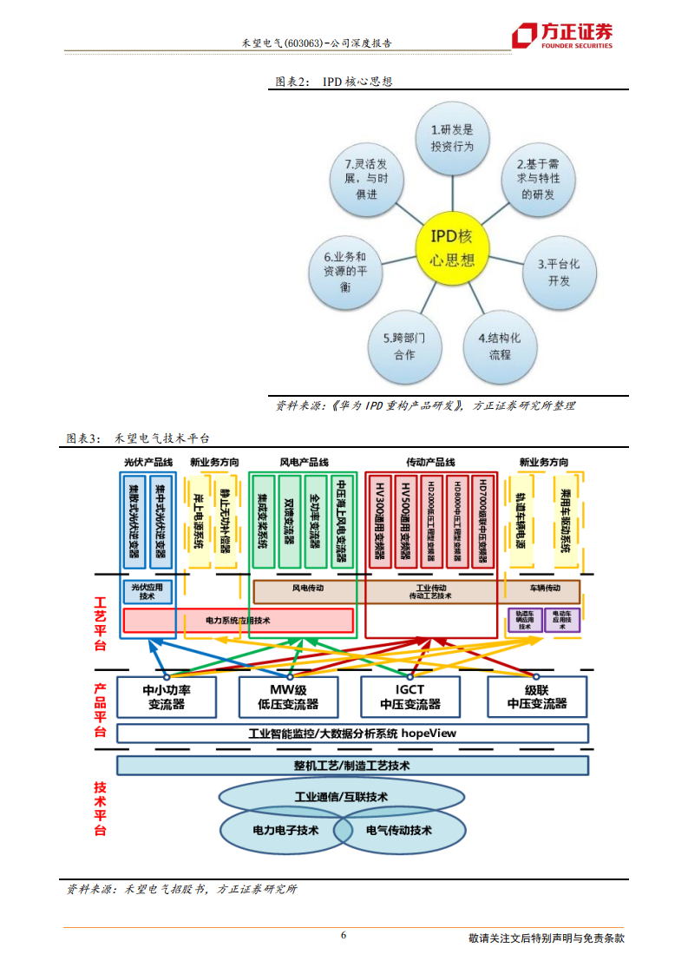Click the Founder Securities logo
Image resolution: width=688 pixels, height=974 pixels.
click(561, 36)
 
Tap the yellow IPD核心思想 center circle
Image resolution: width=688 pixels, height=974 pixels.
click(452, 248)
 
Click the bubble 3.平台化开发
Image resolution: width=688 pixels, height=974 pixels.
click(559, 271)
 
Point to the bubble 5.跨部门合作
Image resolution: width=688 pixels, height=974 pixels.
click(404, 346)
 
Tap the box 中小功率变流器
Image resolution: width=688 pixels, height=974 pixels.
click(166, 697)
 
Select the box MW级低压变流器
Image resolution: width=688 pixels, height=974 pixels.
click(288, 697)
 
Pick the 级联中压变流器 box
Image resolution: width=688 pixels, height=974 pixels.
click(536, 697)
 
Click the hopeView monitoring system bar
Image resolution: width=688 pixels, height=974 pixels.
click(351, 734)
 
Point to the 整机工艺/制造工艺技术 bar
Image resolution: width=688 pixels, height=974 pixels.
click(351, 766)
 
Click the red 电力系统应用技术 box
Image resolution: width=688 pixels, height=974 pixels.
click(238, 620)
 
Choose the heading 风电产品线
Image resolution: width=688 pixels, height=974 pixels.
click(304, 463)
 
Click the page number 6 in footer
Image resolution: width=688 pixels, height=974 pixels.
click(344, 935)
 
